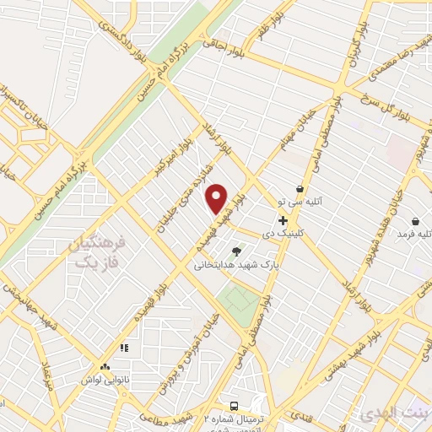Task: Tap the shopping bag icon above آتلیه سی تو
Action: (300, 188)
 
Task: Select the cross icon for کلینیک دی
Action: (283, 220)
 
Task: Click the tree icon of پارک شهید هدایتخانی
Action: (236, 251)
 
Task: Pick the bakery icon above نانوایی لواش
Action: (105, 367)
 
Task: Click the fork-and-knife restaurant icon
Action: (123, 347)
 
